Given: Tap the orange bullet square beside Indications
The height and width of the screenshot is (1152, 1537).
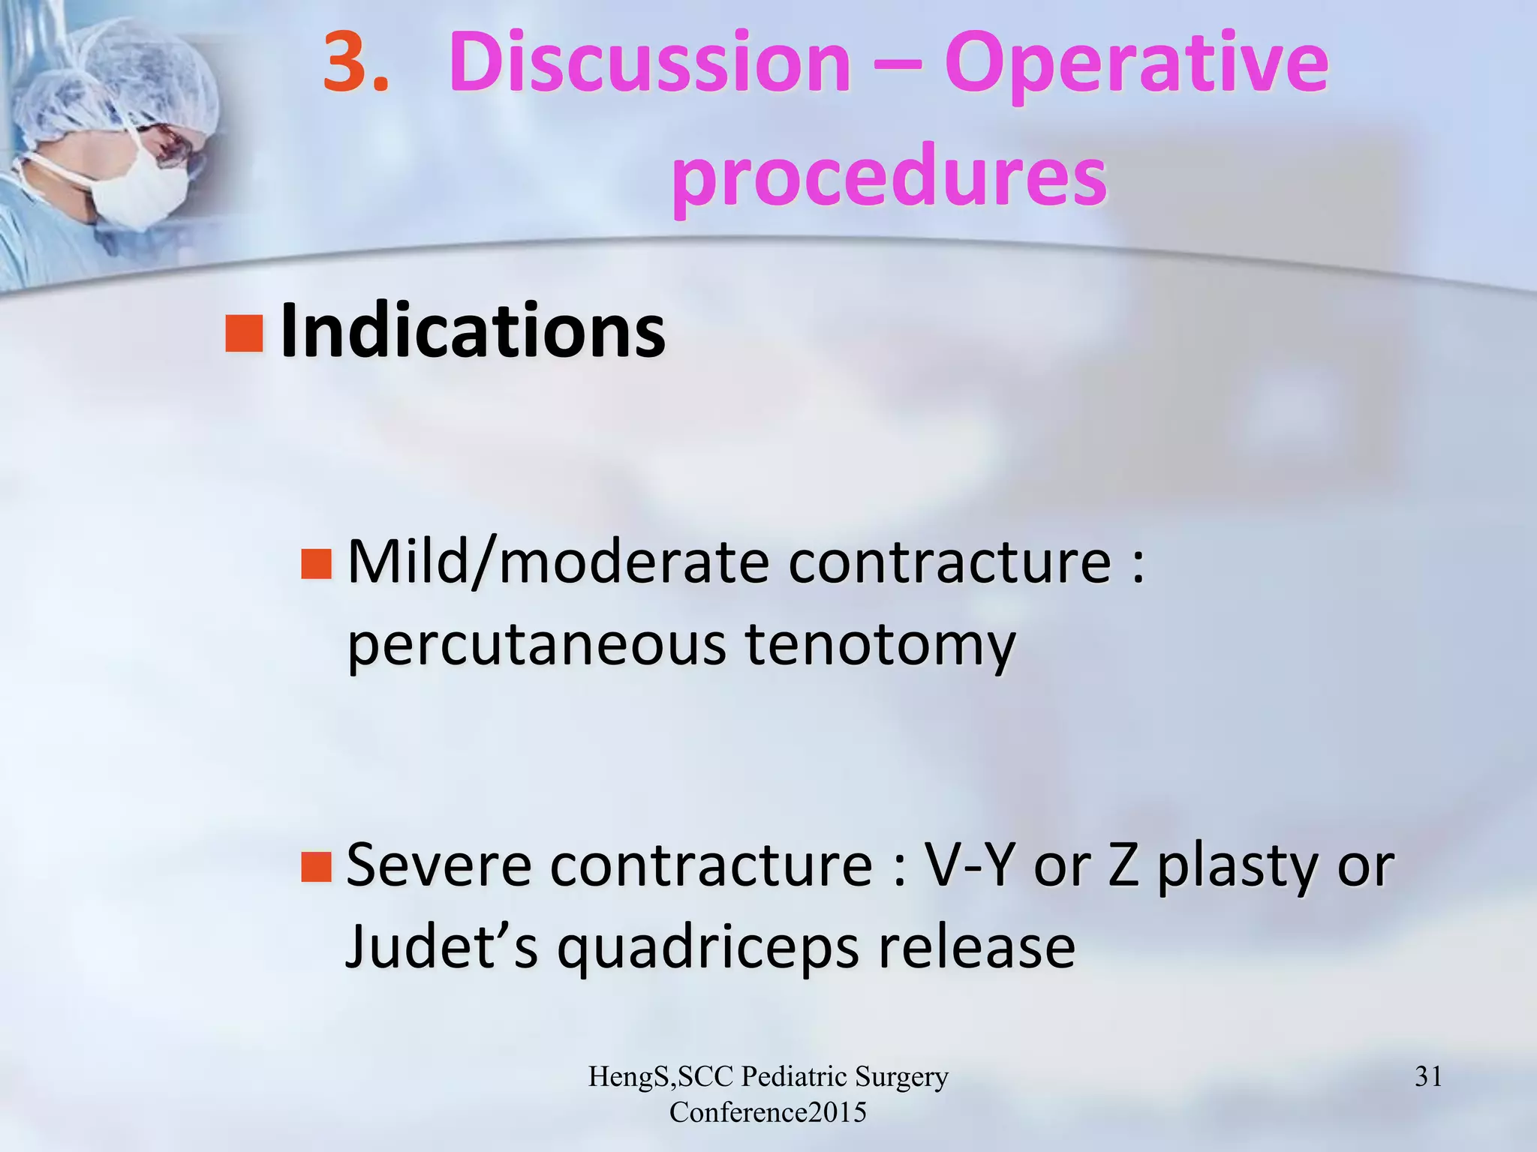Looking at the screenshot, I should [244, 334].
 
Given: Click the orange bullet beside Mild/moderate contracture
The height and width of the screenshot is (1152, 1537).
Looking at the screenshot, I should [316, 564].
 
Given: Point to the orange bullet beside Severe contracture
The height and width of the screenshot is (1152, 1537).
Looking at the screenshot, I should [316, 866].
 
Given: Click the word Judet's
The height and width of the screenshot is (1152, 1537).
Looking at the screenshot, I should [441, 946].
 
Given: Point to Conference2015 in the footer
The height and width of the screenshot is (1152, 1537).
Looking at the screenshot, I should [768, 1112].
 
